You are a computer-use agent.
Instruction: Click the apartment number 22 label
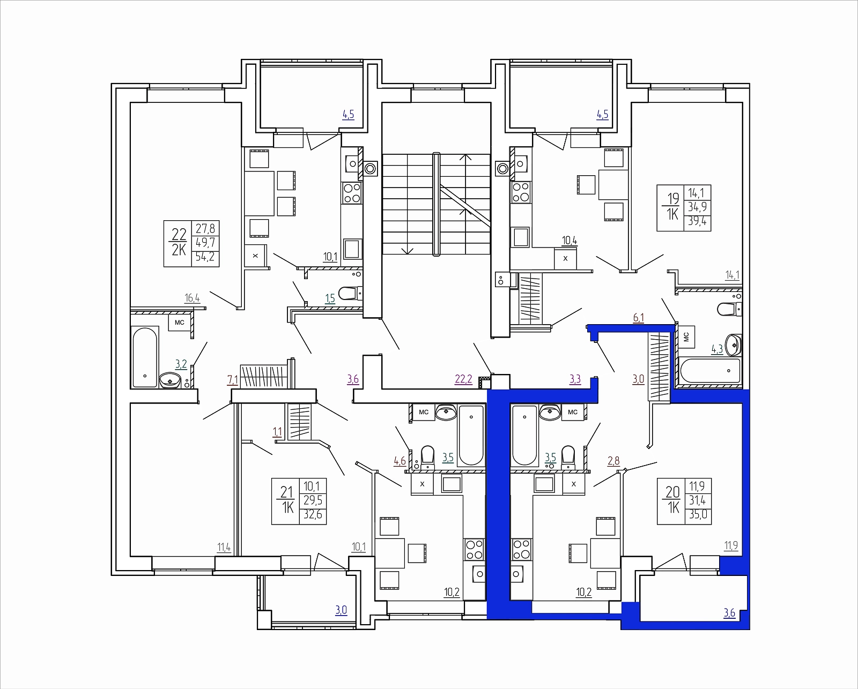point(179,234)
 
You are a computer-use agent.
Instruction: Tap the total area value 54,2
point(205,257)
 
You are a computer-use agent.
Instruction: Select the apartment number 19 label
point(673,198)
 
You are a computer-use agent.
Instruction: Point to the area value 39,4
point(697,221)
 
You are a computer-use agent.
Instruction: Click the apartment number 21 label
point(286,492)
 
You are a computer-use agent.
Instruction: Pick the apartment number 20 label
point(672,492)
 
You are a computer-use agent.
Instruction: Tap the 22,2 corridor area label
point(463,379)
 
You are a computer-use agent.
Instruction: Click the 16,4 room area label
point(192,298)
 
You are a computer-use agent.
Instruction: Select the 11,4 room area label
point(224,548)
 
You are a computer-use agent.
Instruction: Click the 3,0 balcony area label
point(341,610)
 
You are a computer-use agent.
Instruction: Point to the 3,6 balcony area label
point(729,613)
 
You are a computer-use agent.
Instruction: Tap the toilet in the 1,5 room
point(350,294)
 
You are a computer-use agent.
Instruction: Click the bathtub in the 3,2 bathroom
point(145,357)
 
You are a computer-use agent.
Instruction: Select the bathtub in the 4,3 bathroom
point(711,371)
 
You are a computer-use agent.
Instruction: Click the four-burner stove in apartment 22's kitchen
point(352,193)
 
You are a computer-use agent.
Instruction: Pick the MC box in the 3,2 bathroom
point(180,323)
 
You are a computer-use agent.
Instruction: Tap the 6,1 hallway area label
point(638,318)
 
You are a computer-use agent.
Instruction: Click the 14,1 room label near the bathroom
point(732,275)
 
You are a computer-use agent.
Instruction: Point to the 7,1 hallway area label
point(232,380)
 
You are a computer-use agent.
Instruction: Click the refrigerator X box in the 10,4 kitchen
point(565,258)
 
